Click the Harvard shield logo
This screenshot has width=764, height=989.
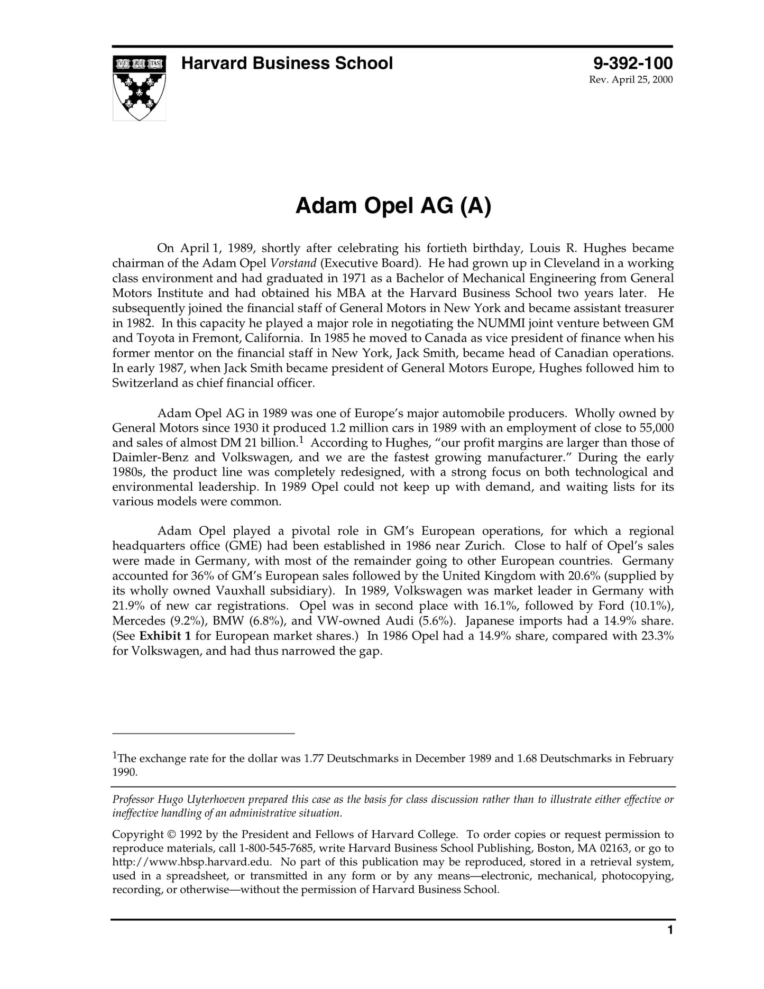click(139, 88)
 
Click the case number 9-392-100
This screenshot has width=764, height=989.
click(632, 63)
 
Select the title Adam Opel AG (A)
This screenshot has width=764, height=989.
click(393, 206)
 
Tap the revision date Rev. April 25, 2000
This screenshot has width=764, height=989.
click(631, 80)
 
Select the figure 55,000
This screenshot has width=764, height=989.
click(653, 428)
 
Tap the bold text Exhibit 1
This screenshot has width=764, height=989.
click(165, 636)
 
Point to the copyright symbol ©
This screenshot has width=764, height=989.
click(171, 835)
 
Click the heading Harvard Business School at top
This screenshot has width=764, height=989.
click(287, 63)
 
